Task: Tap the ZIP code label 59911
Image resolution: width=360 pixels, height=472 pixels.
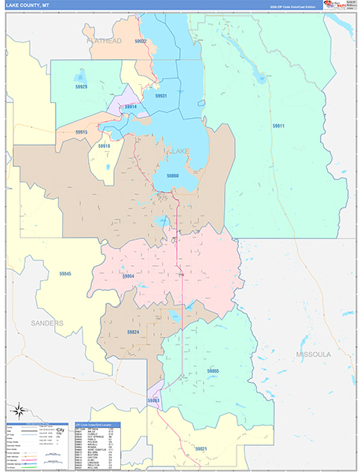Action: click(279, 126)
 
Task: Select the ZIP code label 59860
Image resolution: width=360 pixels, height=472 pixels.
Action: click(172, 175)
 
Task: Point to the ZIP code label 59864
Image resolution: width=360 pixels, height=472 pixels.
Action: click(128, 276)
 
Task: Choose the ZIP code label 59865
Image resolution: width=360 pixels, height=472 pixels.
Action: click(213, 370)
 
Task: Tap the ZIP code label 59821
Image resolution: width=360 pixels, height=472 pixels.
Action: click(202, 448)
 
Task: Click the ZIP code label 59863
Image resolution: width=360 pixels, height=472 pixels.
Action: click(153, 401)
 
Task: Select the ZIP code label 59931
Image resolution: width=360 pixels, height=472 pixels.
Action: click(161, 95)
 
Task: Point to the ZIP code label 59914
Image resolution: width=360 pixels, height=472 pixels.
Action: click(130, 106)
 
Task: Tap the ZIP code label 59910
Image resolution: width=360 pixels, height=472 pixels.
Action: click(105, 146)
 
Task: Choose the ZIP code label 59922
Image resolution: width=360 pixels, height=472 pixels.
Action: click(141, 41)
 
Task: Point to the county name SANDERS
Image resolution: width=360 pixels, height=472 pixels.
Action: click(47, 323)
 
